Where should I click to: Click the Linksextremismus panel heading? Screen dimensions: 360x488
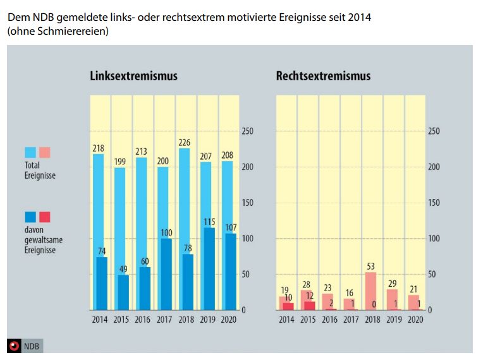point(133,76)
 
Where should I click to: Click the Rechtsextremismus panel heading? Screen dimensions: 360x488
point(323,76)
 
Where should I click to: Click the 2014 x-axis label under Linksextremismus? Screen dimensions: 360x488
point(99,320)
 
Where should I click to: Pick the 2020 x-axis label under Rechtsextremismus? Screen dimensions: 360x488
point(415,320)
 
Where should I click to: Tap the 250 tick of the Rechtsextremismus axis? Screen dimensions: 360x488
point(433,131)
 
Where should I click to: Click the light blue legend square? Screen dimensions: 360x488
point(30,152)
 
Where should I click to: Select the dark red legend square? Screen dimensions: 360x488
point(45,217)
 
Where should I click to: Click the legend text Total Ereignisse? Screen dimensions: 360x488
point(40,171)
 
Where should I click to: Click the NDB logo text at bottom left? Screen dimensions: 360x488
point(32,346)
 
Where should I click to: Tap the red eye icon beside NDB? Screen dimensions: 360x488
point(15,346)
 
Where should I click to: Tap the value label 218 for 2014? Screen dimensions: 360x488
point(99,148)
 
